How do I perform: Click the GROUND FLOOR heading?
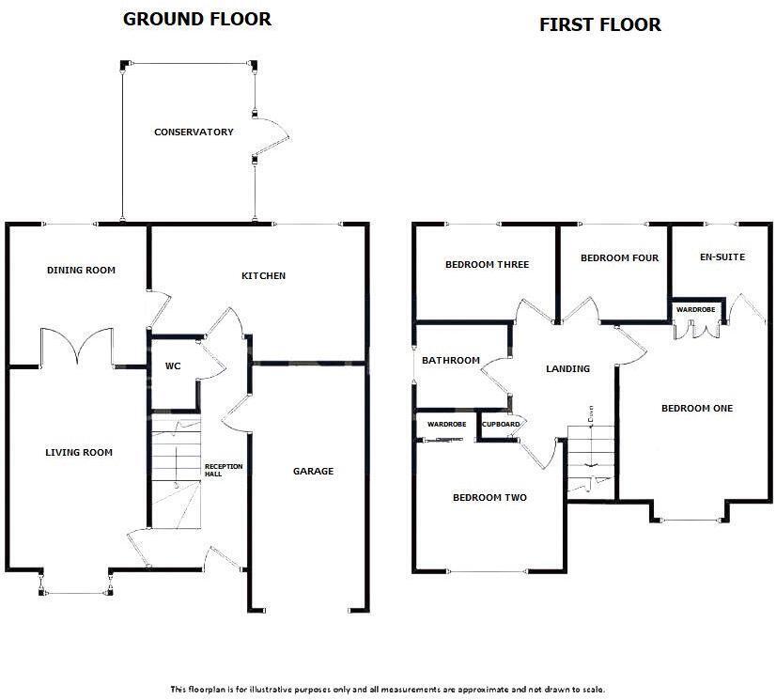197,19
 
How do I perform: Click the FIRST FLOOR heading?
599,24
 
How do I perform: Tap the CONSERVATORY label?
194,132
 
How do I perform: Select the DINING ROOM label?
81,271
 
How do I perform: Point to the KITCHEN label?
263,276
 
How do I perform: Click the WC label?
173,366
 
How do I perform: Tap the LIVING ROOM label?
79,453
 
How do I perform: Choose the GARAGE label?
313,472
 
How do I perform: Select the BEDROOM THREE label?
487,265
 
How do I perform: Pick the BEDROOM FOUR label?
619,258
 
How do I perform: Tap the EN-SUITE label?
722,257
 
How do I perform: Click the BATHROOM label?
450,361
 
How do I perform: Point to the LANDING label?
567,369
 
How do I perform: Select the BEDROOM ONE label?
696,409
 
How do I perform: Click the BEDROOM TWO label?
489,498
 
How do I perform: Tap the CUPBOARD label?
501,425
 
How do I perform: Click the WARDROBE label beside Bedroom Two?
446,425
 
